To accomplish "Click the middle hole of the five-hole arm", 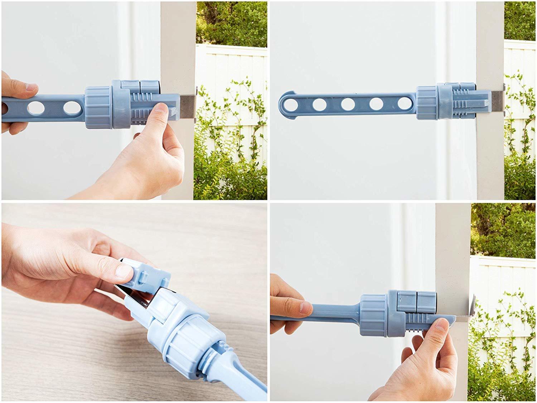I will click(x=348, y=104).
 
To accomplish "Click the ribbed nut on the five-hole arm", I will click(x=426, y=104).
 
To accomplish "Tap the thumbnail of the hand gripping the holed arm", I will click(x=32, y=87).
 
